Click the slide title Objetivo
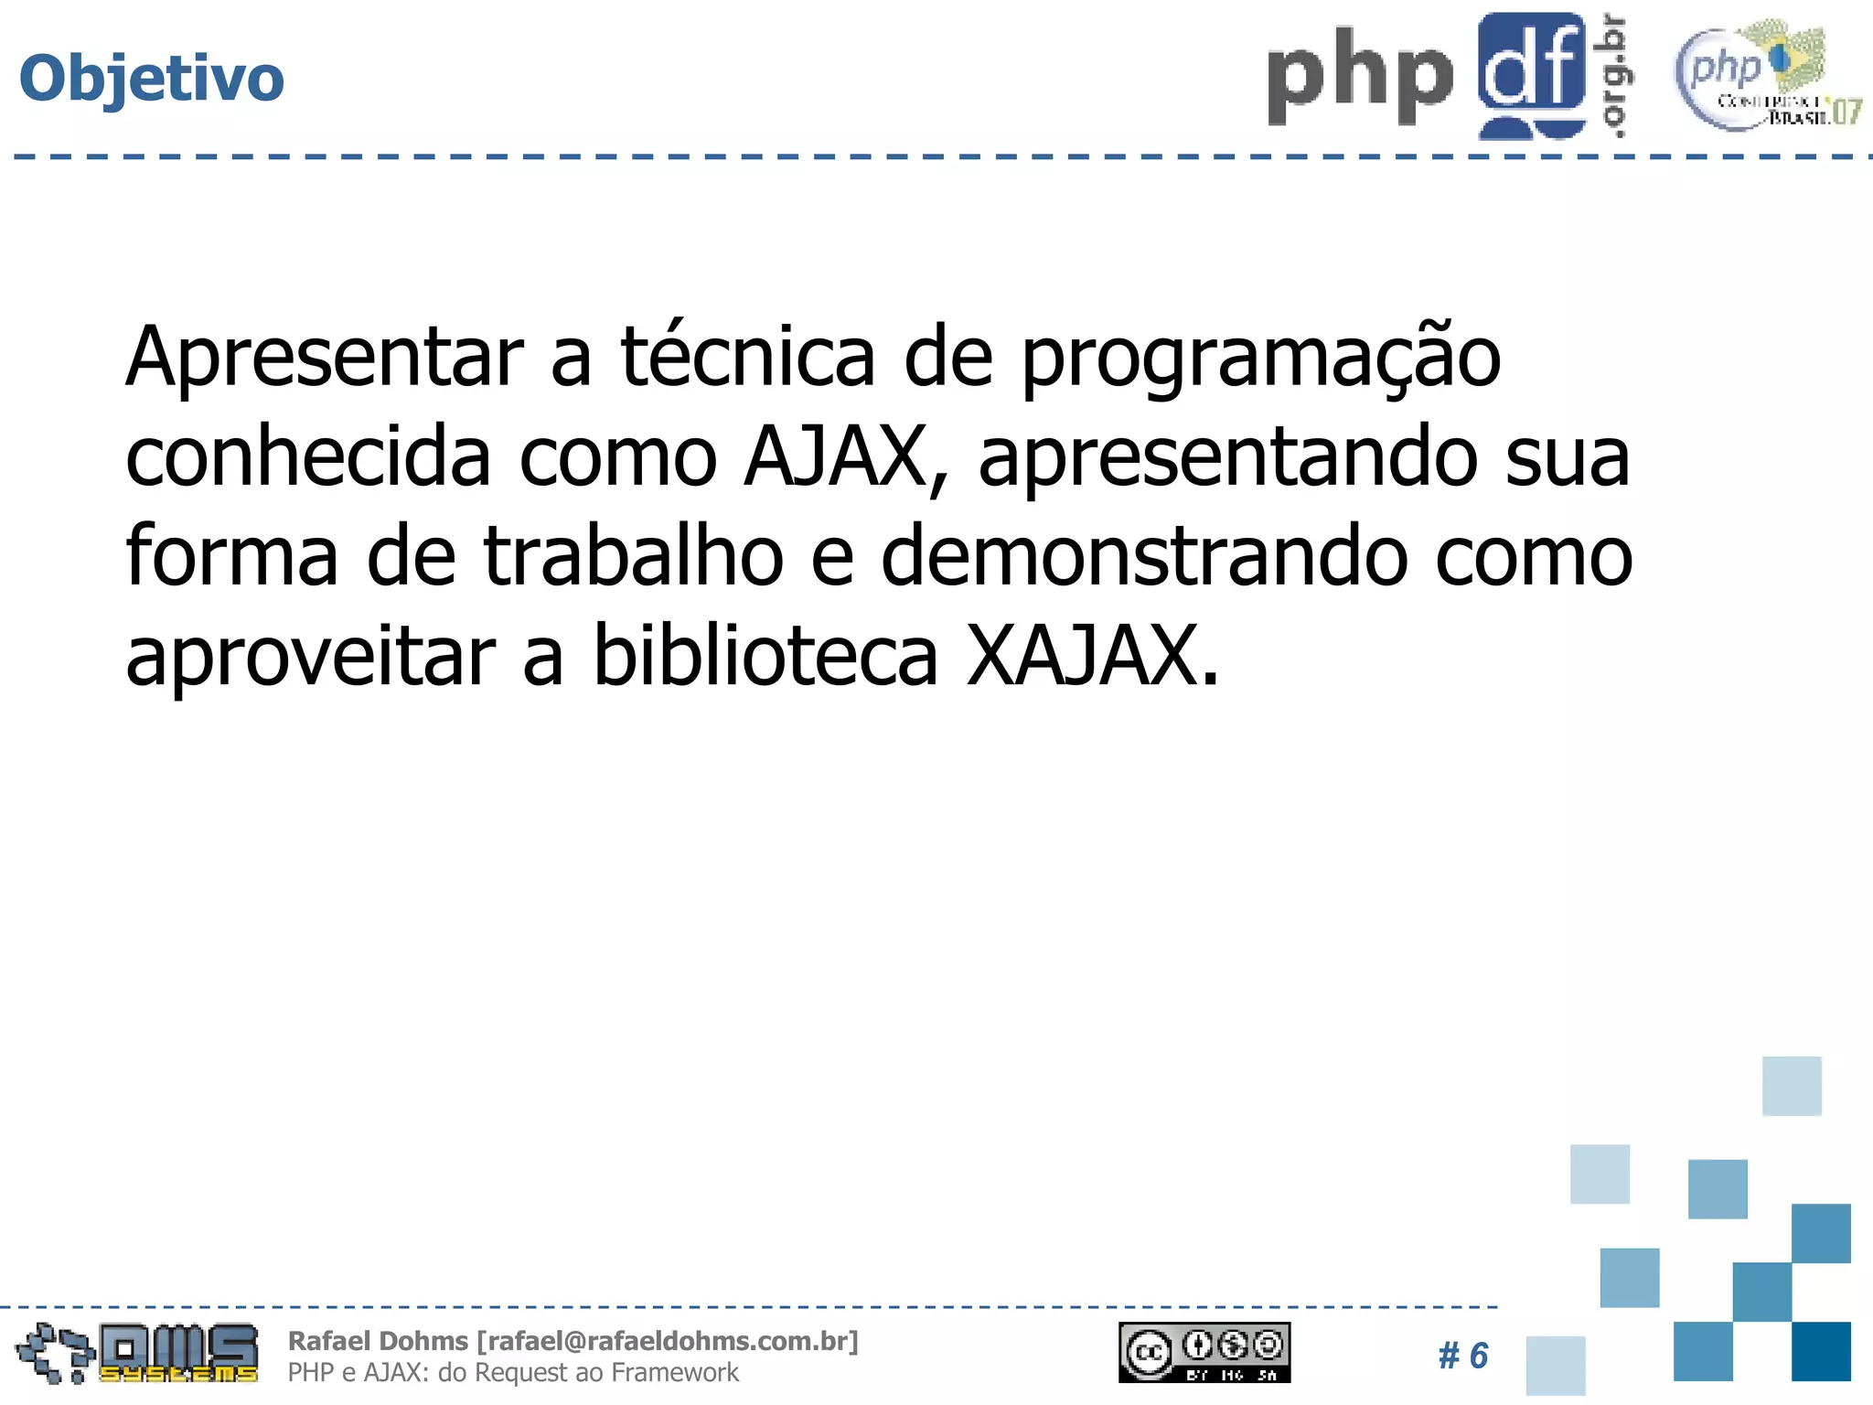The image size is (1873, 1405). click(x=152, y=79)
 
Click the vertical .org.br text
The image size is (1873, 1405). click(x=1615, y=77)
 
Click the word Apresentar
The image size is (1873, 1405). click(x=325, y=359)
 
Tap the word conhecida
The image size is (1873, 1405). click(x=308, y=456)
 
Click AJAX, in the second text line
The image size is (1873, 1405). click(x=846, y=458)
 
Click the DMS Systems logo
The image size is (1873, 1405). click(x=137, y=1353)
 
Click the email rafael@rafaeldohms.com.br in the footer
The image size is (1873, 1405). click(x=668, y=1341)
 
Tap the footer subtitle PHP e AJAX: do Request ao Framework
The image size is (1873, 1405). click(x=513, y=1373)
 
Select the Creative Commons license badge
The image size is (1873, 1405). click(x=1204, y=1352)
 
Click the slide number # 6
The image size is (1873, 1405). click(x=1463, y=1356)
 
